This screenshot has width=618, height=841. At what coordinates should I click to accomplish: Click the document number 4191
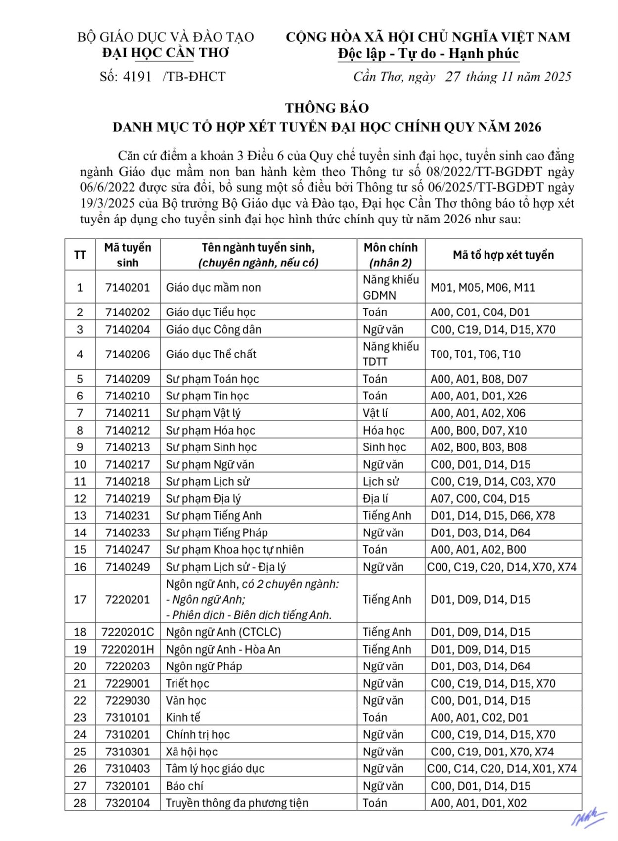(137, 77)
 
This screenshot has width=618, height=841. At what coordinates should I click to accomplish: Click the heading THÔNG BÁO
(327, 108)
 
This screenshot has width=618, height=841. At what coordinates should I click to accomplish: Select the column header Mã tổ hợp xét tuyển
(503, 255)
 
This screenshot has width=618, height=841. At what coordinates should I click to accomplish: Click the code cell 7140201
(128, 287)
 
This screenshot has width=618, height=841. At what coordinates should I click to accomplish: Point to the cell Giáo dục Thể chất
(211, 354)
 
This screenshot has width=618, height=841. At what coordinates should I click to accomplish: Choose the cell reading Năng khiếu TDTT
(391, 354)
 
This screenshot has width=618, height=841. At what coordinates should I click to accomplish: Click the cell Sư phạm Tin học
(207, 396)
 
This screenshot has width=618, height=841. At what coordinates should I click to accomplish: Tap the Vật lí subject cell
(375, 413)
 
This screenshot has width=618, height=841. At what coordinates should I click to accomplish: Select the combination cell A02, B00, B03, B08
(479, 447)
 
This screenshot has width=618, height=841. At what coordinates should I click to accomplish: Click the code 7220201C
(128, 632)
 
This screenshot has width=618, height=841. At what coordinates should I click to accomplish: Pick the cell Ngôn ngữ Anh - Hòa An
(223, 649)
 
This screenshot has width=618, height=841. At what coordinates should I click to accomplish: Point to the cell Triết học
(187, 683)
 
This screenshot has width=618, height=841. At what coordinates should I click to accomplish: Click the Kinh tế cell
(183, 717)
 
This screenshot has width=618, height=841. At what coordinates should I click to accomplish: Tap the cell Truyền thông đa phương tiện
(237, 803)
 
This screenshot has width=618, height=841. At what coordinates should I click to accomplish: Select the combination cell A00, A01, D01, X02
(479, 803)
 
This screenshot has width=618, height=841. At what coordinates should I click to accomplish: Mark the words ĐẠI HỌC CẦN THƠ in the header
(166, 53)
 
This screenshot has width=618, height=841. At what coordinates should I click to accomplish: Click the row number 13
(80, 515)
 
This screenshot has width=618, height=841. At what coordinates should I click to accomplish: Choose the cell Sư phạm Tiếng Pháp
(217, 532)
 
